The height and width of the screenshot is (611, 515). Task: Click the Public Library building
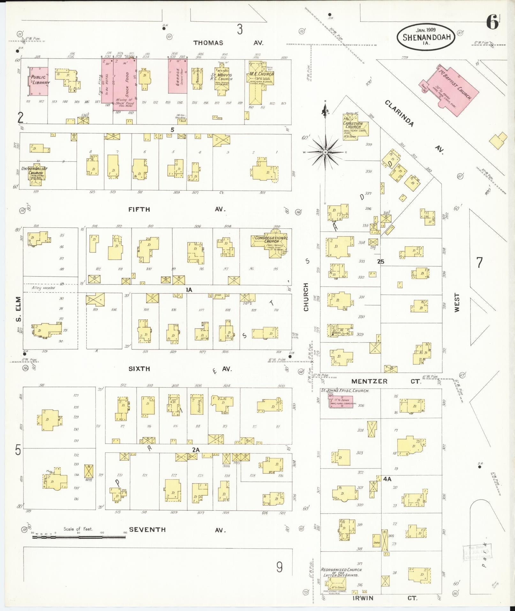(x=39, y=81)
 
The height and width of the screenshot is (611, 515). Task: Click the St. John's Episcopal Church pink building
(x=341, y=402)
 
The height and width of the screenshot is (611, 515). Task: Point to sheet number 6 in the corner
(x=492, y=23)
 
